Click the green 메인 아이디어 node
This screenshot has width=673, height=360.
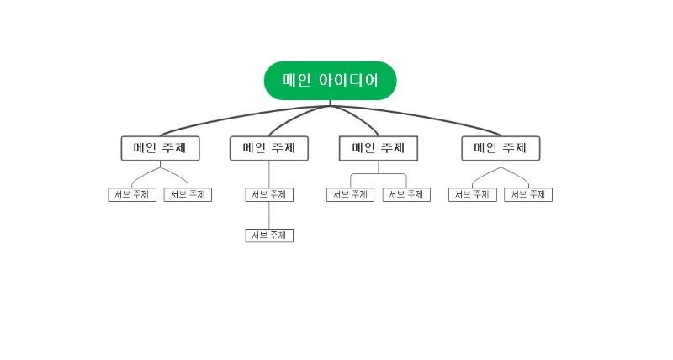pos(330,81)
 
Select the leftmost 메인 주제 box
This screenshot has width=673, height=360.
pos(160,148)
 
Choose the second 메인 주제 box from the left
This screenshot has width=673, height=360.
pos(269,148)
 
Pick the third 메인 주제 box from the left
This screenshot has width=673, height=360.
pos(379,148)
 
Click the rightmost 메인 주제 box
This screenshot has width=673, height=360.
pos(501,148)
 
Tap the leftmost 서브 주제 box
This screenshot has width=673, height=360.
pos(133,194)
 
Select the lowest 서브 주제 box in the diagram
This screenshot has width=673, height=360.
pos(269,236)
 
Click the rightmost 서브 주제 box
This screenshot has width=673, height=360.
pos(528,194)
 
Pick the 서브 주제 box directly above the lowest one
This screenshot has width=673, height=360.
pos(269,194)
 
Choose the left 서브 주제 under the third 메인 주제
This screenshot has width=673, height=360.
pos(350,194)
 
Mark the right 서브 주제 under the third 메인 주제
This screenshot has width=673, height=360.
pos(406,194)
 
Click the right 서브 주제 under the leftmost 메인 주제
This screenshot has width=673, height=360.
pos(188,194)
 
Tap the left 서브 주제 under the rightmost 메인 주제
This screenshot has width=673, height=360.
pos(473,194)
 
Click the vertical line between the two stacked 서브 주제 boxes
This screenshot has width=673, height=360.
pos(269,215)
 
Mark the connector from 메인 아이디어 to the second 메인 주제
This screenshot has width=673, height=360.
pos(286,120)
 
